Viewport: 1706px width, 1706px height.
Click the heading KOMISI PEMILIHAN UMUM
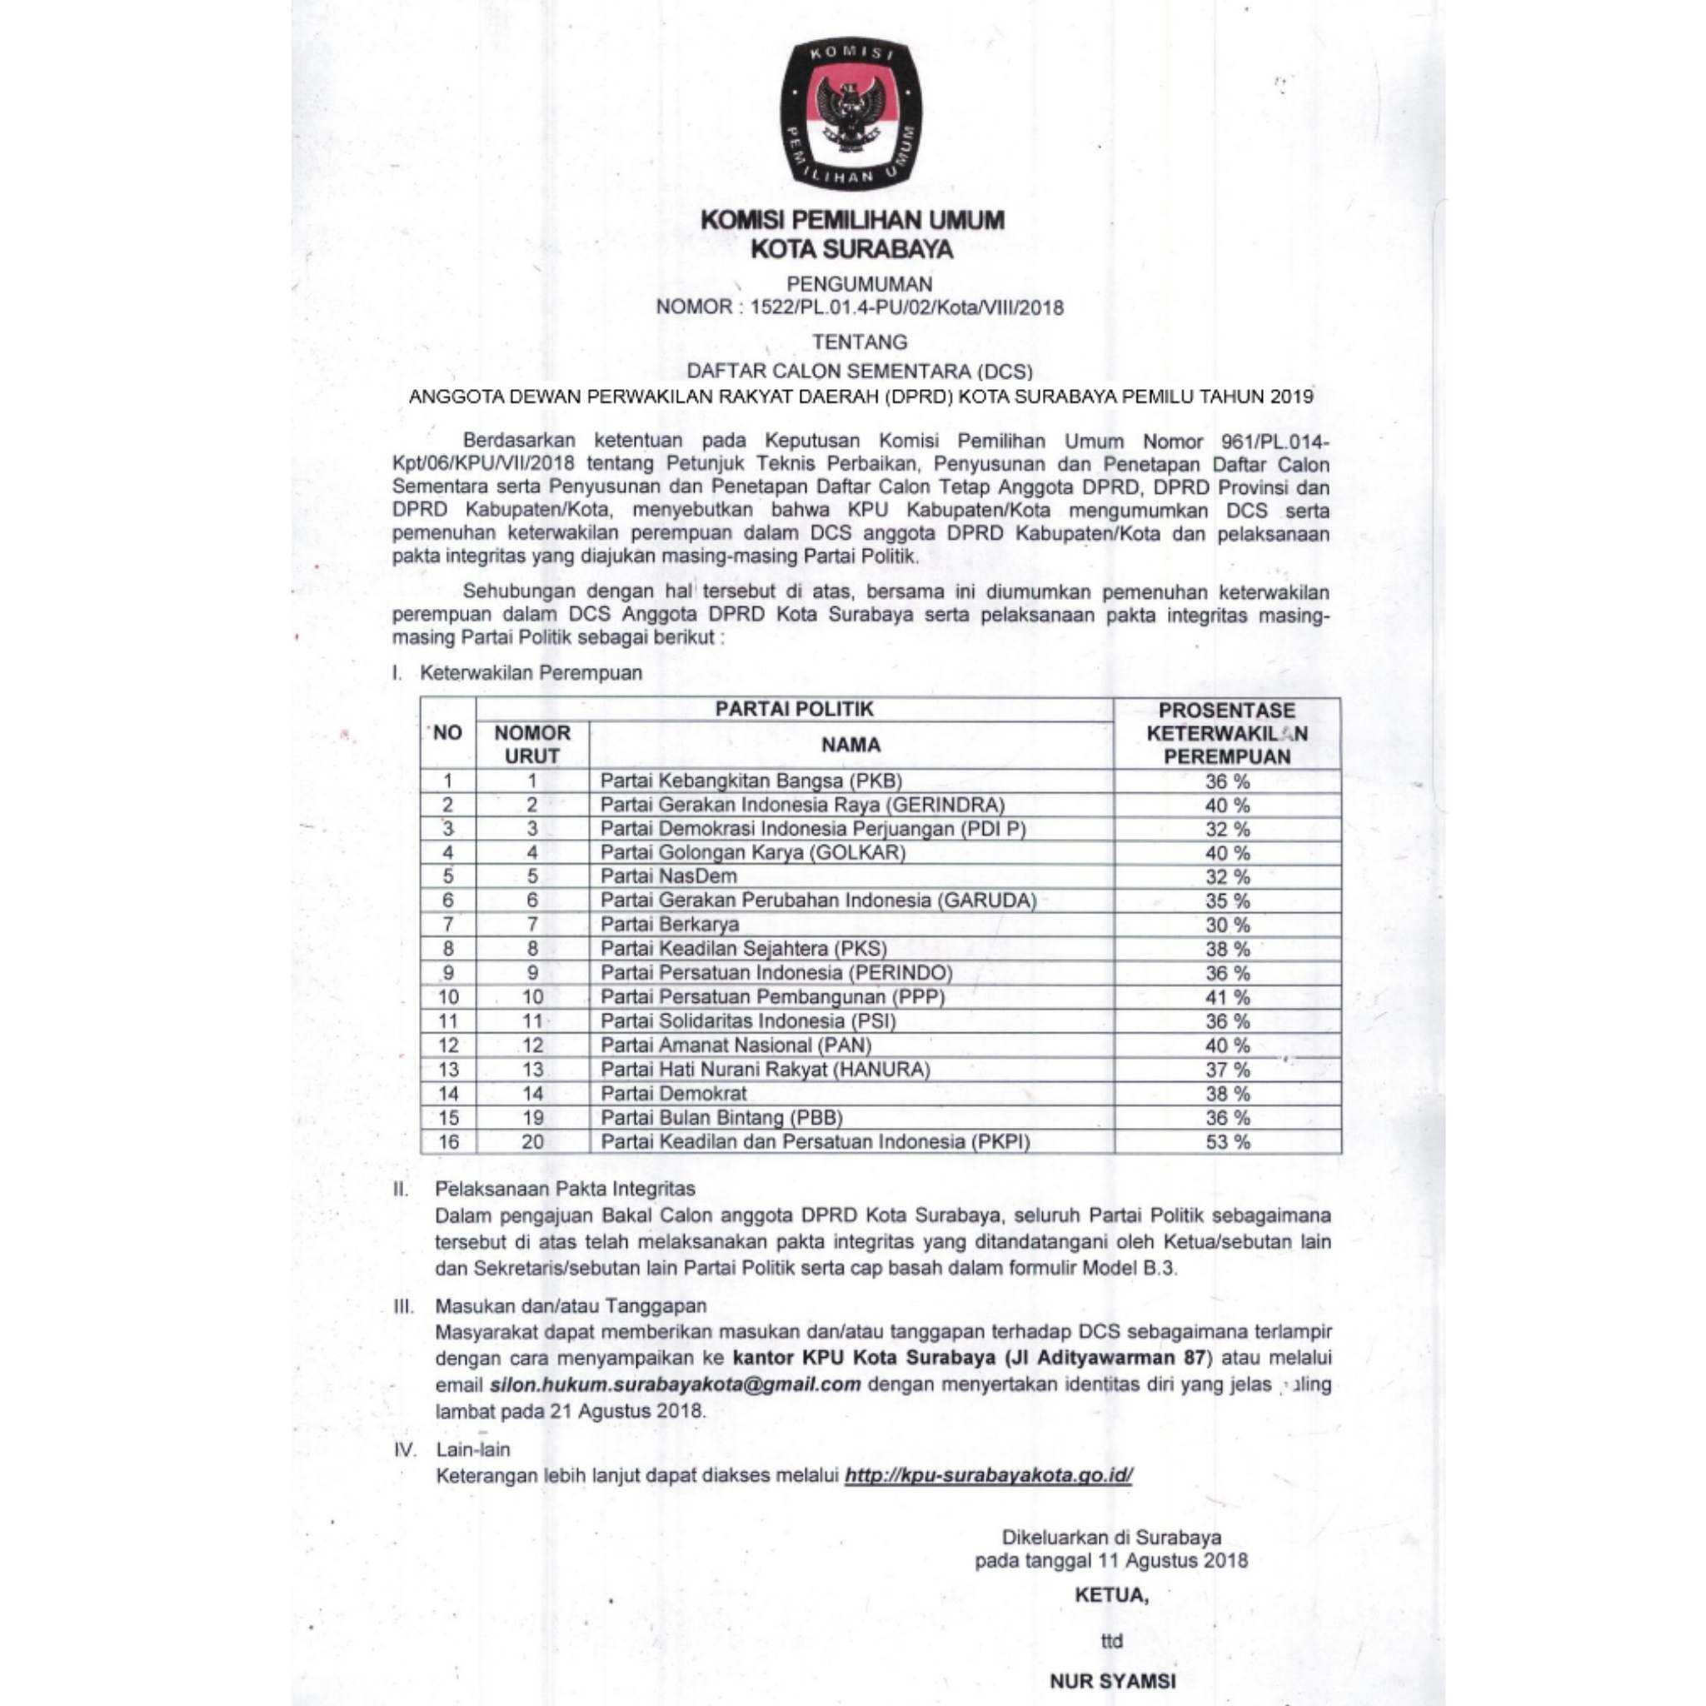852,220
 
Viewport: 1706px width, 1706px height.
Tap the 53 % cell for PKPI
1227,1142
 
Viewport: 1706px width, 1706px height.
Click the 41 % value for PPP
1227,998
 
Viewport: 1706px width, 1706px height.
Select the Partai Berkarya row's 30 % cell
1227,925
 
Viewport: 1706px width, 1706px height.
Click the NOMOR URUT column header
531,745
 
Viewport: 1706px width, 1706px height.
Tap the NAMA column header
851,745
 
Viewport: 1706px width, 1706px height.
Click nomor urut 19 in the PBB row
531,1118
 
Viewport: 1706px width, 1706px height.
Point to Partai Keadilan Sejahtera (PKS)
744,950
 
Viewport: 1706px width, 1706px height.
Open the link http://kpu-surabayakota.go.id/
988,1474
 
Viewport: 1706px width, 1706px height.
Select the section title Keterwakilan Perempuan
531,673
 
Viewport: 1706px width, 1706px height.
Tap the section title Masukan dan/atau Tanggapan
571,1305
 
